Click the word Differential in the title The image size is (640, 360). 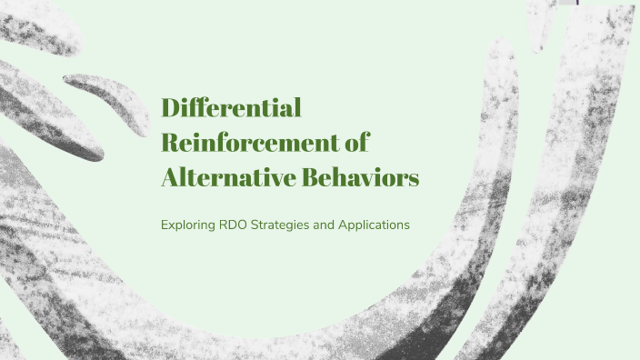pos(231,109)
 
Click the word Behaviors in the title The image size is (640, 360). pos(364,177)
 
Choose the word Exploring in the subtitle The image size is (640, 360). pos(188,224)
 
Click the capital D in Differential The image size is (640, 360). pos(170,109)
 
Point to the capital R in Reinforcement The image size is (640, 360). pos(170,143)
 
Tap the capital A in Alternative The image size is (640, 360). pos(170,177)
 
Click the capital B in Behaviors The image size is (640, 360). pos(315,177)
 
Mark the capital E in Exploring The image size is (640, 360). pos(164,224)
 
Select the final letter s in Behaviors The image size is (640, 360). pos(414,179)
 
